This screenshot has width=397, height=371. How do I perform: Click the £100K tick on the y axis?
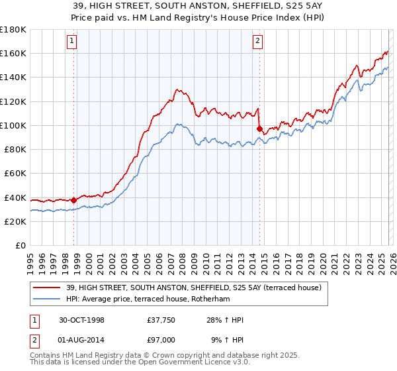[x=13, y=125]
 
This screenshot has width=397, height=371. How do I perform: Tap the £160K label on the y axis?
[x=13, y=53]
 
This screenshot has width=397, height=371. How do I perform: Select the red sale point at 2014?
[x=259, y=129]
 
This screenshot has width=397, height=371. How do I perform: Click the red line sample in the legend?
[x=47, y=287]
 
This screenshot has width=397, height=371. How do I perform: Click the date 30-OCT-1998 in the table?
[x=81, y=320]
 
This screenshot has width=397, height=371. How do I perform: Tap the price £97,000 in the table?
[x=161, y=339]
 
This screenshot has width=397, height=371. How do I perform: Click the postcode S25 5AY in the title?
[x=297, y=5]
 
